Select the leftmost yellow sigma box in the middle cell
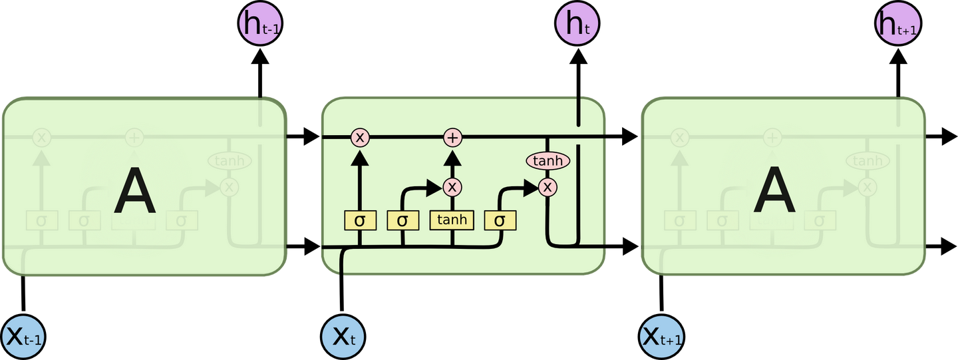click(360, 220)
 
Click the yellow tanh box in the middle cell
click(452, 220)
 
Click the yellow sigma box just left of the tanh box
click(402, 220)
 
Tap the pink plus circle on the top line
click(452, 138)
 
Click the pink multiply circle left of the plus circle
click(360, 138)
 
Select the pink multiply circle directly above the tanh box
click(452, 187)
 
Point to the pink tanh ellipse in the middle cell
click(548, 161)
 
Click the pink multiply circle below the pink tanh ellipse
click(548, 188)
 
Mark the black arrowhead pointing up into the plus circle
click(452, 158)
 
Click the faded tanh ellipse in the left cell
click(230, 161)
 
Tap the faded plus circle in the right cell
click(772, 138)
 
